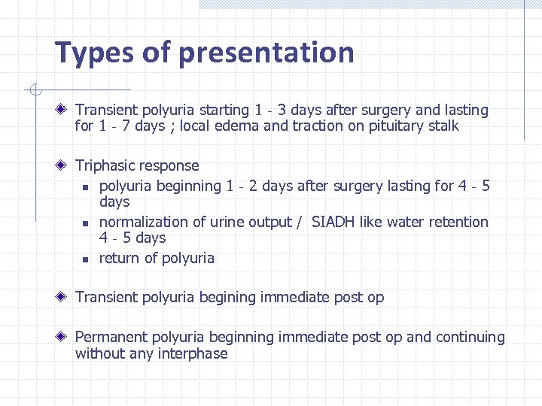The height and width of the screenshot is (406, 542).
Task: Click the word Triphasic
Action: [108, 165]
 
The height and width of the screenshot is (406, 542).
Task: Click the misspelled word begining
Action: [227, 298]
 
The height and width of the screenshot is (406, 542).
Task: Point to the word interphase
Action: [193, 353]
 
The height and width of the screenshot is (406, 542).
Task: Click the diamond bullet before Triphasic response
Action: [66, 165]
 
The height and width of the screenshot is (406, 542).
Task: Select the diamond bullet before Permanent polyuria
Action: [66, 338]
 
